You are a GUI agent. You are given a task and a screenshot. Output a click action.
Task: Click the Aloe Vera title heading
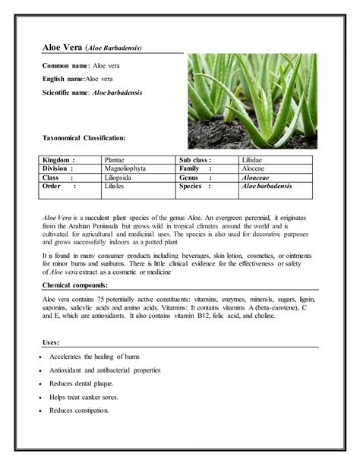pos(91,48)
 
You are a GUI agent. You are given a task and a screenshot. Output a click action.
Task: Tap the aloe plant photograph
pos(252,99)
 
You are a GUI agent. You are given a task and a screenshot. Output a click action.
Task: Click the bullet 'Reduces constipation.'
pos(79,410)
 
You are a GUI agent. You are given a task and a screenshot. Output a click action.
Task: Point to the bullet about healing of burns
pos(94,357)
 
